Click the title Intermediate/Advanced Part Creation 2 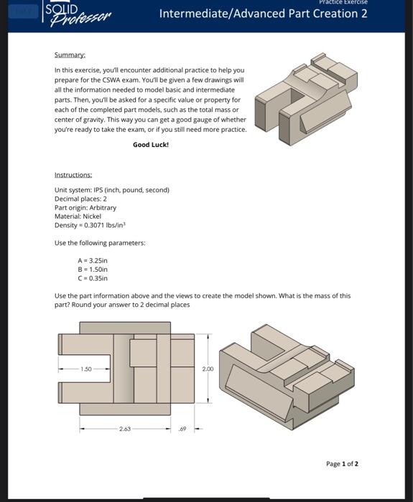[x=263, y=14]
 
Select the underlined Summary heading [x=70, y=55]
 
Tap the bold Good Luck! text [x=151, y=144]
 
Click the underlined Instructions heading [x=73, y=175]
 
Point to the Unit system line [x=111, y=190]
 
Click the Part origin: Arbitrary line [x=85, y=207]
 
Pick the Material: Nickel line [x=78, y=216]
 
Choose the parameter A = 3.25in [x=93, y=260]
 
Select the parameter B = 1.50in [x=93, y=269]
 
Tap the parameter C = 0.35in [x=93, y=278]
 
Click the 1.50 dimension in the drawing [x=86, y=369]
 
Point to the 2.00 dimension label [x=208, y=369]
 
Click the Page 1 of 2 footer [x=342, y=463]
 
